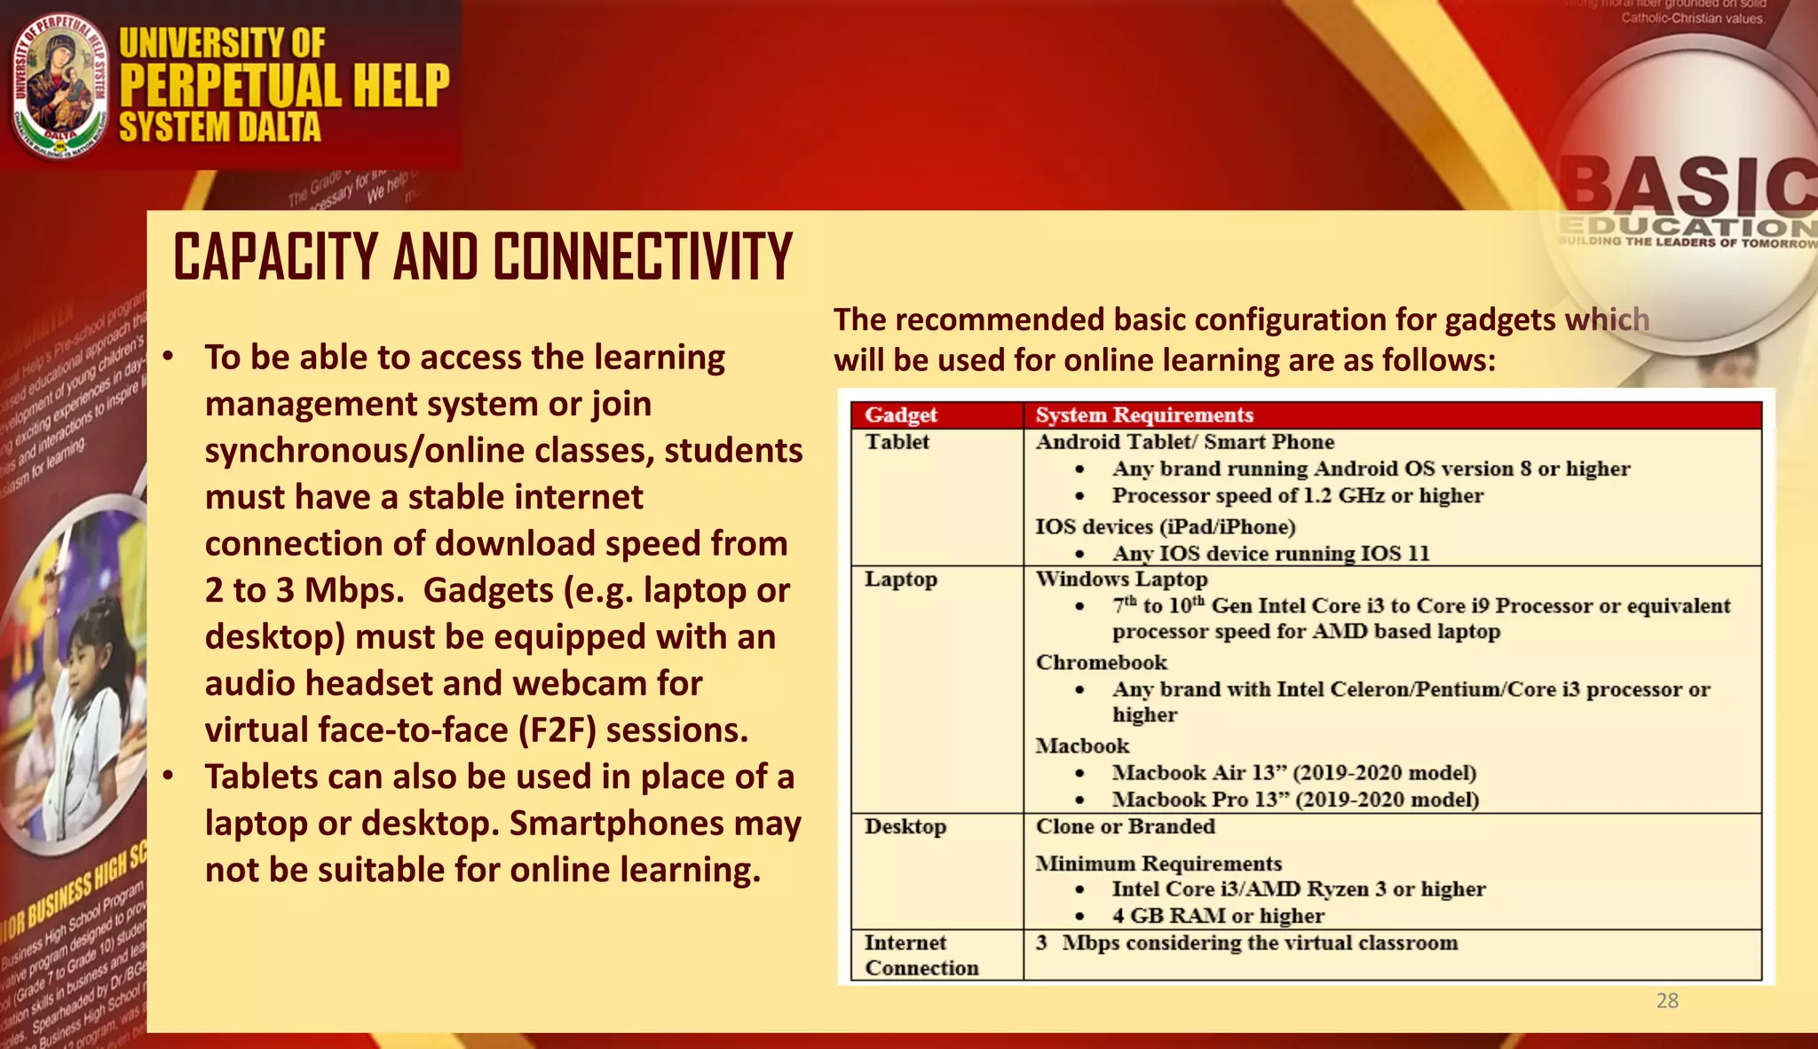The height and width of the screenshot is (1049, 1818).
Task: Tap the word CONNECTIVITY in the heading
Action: pos(643,257)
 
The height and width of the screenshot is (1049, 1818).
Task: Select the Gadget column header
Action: pos(901,415)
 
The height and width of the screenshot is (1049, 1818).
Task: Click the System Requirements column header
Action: pos(1144,415)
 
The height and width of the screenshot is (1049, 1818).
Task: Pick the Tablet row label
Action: pos(897,442)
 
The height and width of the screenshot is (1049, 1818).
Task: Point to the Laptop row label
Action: pos(901,580)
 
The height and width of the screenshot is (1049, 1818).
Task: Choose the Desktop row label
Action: pos(905,827)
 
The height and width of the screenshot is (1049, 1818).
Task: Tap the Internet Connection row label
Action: pos(921,955)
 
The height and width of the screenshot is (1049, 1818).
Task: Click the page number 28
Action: pos(1667,1001)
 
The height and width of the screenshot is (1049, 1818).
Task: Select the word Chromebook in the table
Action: pos(1101,663)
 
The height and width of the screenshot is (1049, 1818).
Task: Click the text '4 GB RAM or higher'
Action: pos(1218,916)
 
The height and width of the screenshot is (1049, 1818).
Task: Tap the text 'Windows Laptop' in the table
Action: pos(1121,580)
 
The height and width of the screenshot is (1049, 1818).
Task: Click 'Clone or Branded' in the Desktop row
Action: pos(1125,827)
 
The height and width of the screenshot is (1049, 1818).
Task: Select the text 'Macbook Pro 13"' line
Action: pos(1295,800)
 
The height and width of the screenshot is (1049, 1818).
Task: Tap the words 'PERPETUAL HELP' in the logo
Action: pos(284,85)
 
